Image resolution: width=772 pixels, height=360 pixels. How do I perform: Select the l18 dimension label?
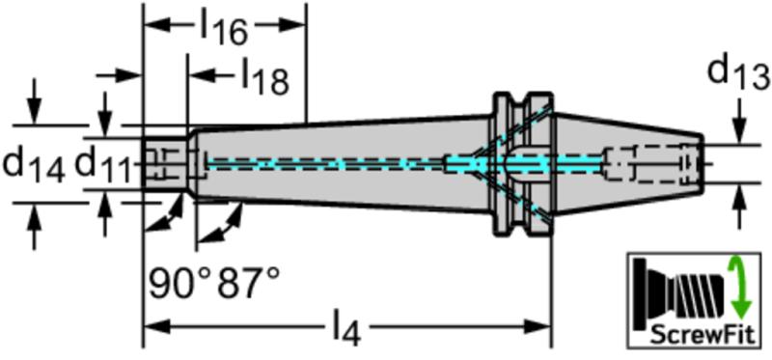264,77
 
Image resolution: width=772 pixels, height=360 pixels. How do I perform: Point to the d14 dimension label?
33,166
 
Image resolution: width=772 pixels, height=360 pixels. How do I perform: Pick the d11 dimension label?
103,165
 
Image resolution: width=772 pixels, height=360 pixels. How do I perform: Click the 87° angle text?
249,283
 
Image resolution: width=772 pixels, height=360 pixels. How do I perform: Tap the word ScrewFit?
703,335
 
